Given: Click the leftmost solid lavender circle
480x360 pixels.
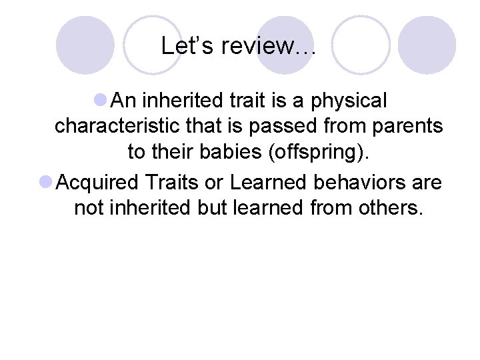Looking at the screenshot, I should pos(85,45).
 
